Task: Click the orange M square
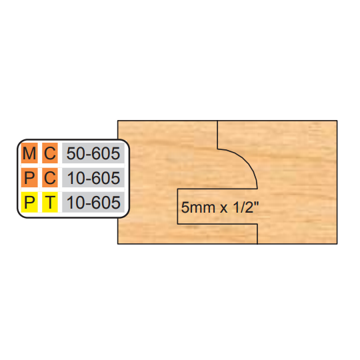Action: click(x=29, y=153)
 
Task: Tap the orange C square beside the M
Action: click(x=50, y=153)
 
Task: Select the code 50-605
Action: click(x=93, y=153)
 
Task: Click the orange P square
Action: click(x=29, y=177)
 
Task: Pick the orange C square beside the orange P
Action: click(x=50, y=177)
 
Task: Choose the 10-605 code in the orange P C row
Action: click(x=93, y=178)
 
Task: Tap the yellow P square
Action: click(x=29, y=202)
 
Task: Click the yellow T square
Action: click(x=50, y=202)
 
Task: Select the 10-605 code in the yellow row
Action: click(x=93, y=203)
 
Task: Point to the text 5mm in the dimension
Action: click(x=198, y=207)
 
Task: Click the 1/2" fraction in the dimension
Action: click(x=246, y=207)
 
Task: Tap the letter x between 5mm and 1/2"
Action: click(x=224, y=209)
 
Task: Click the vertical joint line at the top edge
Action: click(x=217, y=135)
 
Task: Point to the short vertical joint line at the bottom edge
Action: click(x=257, y=234)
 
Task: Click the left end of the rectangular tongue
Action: click(x=178, y=207)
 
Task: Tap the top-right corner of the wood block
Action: click(x=337, y=121)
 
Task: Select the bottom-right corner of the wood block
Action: click(x=337, y=244)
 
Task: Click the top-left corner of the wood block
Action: click(x=118, y=121)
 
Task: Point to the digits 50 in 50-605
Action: click(x=74, y=153)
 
